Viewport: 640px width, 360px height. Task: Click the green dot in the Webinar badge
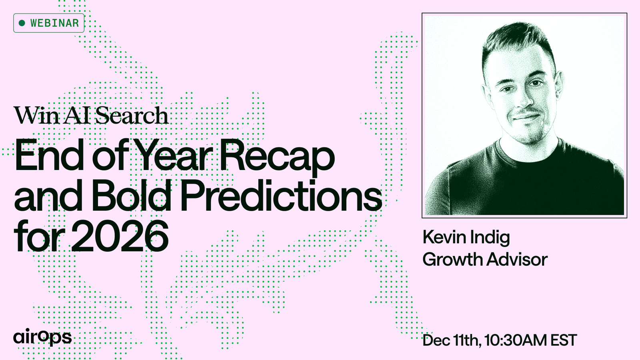coord(22,23)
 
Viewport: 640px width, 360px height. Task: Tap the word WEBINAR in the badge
coord(54,23)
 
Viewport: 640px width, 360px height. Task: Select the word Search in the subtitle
coord(132,115)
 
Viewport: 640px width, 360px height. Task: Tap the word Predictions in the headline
coord(282,195)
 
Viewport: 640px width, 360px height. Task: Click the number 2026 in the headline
coord(120,236)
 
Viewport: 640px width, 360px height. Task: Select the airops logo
coord(42,337)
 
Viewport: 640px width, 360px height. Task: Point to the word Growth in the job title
coord(452,259)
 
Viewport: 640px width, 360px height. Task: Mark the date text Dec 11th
coord(452,340)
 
